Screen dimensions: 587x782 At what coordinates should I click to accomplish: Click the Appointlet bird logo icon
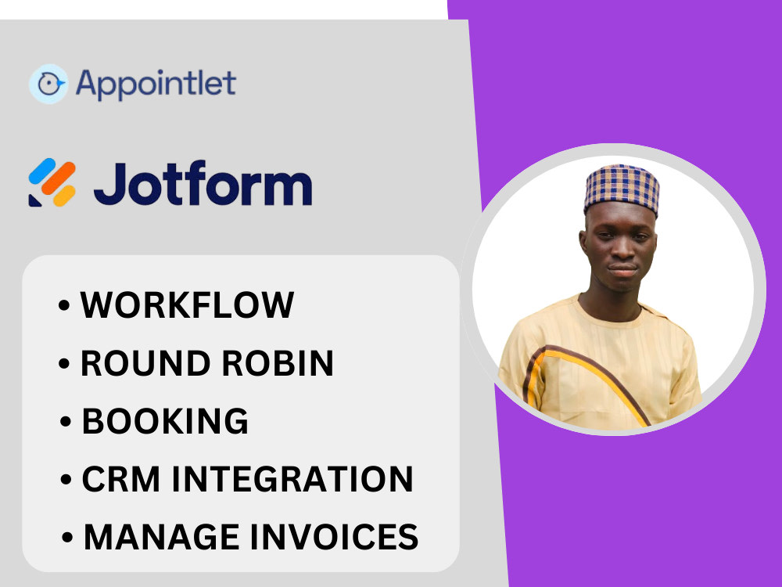pos(48,84)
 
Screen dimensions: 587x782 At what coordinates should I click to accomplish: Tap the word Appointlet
pos(156,84)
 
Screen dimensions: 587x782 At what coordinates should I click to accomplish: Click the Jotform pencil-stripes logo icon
pos(52,183)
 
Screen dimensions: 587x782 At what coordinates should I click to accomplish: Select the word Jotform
pos(203,185)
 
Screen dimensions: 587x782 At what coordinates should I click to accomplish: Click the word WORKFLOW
pos(187,305)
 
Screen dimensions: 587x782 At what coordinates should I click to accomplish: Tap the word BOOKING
pos(165,421)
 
